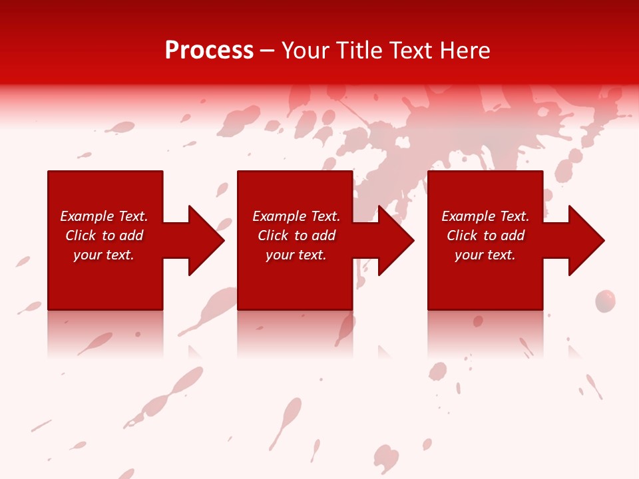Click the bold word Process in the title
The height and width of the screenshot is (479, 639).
click(209, 51)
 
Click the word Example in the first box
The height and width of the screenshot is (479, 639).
click(87, 216)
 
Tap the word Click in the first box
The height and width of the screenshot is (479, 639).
click(81, 236)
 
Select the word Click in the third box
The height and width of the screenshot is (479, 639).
click(462, 236)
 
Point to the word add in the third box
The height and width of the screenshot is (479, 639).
click(513, 236)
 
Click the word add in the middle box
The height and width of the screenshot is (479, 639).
click(323, 236)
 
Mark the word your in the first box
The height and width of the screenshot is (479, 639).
click(87, 255)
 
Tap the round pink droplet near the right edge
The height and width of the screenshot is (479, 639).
click(604, 301)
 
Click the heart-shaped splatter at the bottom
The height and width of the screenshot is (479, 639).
click(386, 458)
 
